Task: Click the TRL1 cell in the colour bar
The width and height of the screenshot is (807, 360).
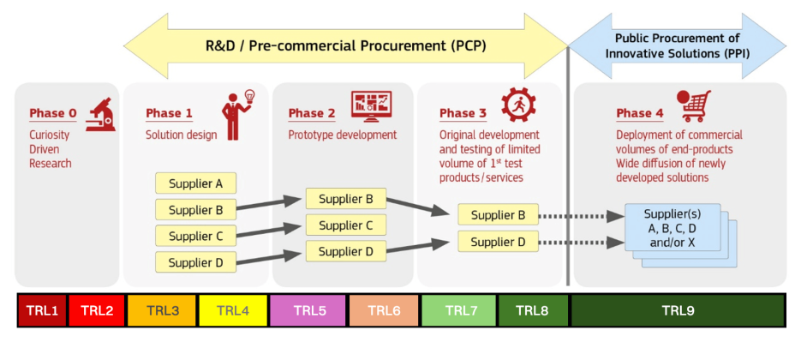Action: coord(42,310)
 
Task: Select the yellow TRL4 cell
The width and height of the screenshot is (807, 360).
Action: coord(233,310)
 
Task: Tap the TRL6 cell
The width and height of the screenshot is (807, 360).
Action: coord(385,310)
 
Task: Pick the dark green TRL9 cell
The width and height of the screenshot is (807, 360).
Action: coord(678,310)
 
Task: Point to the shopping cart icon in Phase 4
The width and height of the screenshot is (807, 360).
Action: coord(695,106)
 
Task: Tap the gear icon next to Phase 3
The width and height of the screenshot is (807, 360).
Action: coord(518,105)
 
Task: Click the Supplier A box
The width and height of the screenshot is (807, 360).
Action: coord(195,183)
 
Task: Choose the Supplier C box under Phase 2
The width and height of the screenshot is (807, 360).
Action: coord(345,225)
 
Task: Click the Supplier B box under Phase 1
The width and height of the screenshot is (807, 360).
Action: coord(195,209)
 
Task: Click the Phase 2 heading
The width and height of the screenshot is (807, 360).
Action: coord(306,113)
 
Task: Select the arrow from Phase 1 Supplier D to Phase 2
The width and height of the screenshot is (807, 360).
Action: coord(271,257)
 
